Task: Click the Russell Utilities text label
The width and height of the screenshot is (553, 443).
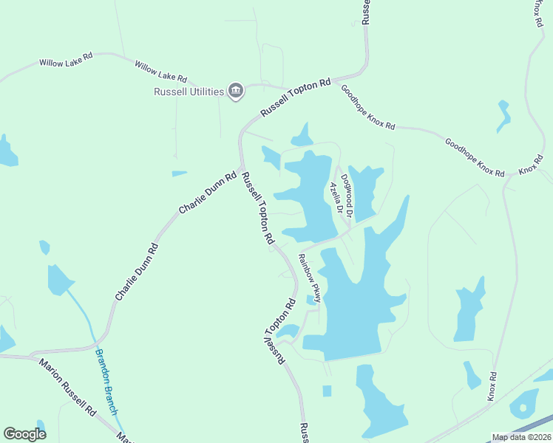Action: pyautogui.click(x=189, y=92)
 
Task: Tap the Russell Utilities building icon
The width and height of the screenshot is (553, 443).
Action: pyautogui.click(x=236, y=91)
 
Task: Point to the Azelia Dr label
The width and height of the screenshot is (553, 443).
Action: pyautogui.click(x=336, y=197)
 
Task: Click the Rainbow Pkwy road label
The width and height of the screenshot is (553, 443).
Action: pyautogui.click(x=309, y=278)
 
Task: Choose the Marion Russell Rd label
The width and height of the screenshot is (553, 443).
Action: pyautogui.click(x=68, y=386)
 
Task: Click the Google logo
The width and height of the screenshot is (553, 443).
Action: pyautogui.click(x=24, y=434)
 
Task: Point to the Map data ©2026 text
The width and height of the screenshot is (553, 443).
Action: pyautogui.click(x=520, y=437)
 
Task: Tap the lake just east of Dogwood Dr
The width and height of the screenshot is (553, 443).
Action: pyautogui.click(x=365, y=188)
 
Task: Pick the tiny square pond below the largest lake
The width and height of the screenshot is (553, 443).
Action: pyautogui.click(x=327, y=391)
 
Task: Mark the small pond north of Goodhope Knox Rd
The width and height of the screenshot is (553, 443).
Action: pyautogui.click(x=504, y=114)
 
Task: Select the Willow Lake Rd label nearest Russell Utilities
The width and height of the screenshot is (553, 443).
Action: pyautogui.click(x=161, y=72)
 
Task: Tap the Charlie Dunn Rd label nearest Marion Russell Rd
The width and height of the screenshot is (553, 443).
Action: pyautogui.click(x=137, y=271)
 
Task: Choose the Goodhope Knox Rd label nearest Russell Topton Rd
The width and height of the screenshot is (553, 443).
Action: pyautogui.click(x=367, y=107)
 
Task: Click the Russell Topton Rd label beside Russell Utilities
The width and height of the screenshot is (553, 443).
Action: pyautogui.click(x=295, y=98)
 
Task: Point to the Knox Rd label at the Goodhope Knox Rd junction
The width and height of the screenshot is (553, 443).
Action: pyautogui.click(x=531, y=165)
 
